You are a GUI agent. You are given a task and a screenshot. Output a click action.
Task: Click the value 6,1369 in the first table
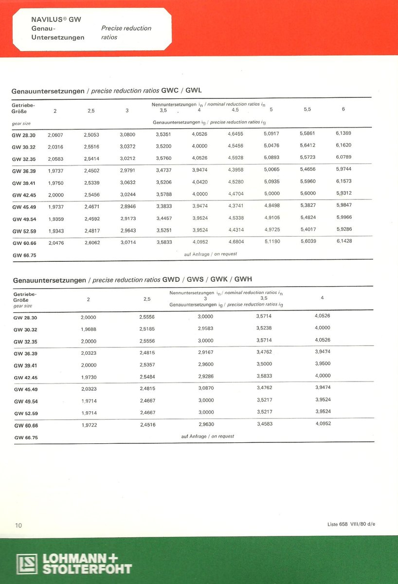point(344,133)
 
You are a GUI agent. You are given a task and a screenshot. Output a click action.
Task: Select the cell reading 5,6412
point(308,146)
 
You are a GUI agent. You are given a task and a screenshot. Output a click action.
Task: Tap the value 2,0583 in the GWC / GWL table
point(55,158)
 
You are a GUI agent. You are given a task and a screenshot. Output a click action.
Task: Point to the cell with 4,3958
point(235,170)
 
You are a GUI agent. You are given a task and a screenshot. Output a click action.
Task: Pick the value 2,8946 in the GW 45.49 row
point(127,206)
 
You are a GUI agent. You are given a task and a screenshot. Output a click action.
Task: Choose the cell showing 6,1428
point(344,241)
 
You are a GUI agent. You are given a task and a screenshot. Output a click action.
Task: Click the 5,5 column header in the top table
point(308,109)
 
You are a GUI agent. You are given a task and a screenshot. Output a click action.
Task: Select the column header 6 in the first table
point(344,109)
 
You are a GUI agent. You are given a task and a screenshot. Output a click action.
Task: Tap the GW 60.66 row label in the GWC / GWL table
point(24,242)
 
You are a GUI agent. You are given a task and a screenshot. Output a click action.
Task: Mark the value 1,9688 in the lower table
point(89,329)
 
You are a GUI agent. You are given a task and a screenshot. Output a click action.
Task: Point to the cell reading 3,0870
point(205,388)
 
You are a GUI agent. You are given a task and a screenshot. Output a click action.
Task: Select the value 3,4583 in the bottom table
point(264,424)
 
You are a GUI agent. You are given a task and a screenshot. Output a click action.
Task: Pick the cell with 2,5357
point(147,364)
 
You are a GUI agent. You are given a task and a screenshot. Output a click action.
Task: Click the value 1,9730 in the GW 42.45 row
point(89,376)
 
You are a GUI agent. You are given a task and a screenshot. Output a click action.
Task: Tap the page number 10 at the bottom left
point(18,525)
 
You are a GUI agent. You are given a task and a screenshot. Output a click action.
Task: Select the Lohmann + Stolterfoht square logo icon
point(26,564)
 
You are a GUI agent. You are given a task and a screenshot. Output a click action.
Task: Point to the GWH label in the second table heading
point(243,279)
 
